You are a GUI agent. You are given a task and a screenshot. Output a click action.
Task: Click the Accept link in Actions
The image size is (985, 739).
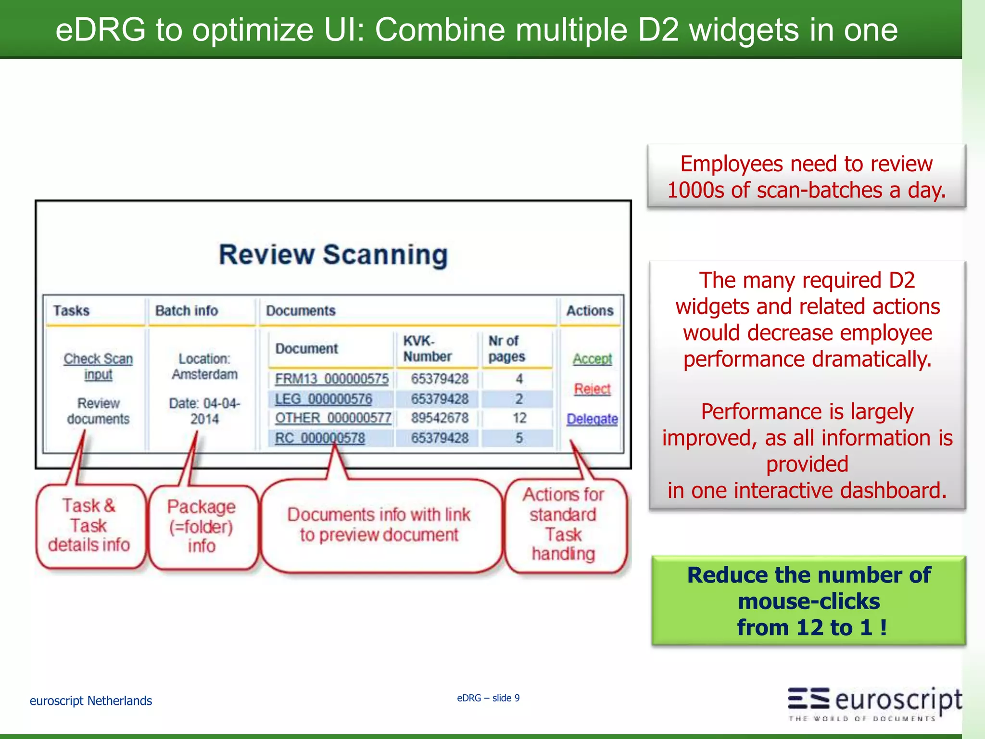pos(592,359)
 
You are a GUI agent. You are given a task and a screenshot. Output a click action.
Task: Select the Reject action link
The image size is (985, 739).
pos(592,389)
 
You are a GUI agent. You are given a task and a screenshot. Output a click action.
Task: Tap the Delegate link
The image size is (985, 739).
pos(592,419)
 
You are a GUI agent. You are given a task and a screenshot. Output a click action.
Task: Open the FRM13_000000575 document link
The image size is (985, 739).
pos(331,379)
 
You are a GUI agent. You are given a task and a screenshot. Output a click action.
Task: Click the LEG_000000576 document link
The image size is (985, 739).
pos(323,399)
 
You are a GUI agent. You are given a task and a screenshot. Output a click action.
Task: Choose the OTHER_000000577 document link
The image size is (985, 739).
pos(333,418)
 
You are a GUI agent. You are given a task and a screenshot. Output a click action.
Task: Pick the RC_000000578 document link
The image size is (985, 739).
pos(320,438)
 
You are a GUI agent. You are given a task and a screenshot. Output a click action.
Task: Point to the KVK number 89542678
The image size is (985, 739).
pos(440,418)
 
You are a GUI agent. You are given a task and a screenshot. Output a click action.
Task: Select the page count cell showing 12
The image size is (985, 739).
pos(519,418)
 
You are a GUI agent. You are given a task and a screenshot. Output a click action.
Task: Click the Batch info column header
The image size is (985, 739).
pos(187,311)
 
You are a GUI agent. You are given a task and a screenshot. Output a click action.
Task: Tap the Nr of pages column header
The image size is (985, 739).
pos(506,349)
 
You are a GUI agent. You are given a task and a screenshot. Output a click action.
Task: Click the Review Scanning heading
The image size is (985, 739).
pos(333,255)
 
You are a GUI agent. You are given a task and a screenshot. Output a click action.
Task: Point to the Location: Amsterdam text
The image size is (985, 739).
pos(204,367)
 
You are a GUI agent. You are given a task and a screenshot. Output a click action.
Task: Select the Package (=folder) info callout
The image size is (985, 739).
pos(202,526)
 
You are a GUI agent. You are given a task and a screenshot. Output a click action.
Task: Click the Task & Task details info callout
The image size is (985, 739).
pos(89,525)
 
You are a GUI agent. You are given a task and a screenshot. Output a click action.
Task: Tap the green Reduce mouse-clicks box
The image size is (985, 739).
pos(808,601)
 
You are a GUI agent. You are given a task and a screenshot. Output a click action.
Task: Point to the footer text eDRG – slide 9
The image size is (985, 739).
pos(488,698)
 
